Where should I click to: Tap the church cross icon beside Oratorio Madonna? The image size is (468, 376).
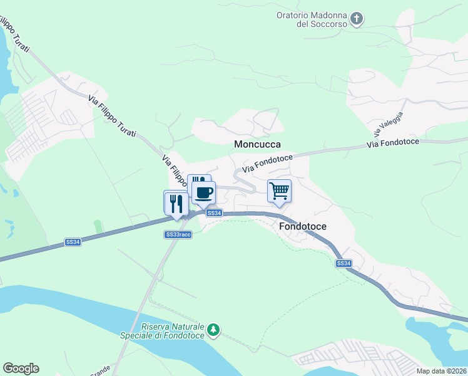[x=356, y=19]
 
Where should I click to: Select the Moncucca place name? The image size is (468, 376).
[x=257, y=144]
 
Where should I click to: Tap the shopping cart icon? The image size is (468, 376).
[x=279, y=191]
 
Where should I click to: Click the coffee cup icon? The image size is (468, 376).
[x=204, y=192]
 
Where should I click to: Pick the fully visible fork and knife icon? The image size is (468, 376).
[x=175, y=203]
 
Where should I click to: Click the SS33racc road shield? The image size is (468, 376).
[x=178, y=234]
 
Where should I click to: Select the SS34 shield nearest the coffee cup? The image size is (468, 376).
[x=214, y=213]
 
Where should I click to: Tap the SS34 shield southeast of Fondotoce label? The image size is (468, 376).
[x=343, y=263]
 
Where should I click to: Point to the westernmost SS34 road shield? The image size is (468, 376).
[x=73, y=242]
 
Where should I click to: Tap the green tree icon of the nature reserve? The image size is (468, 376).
[x=214, y=330]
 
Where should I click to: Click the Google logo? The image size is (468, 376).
[x=21, y=368]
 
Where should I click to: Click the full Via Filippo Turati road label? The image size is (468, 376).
[x=112, y=117]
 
